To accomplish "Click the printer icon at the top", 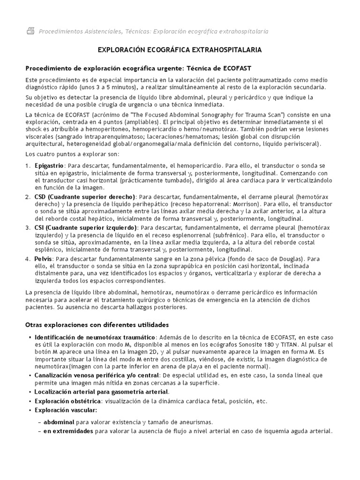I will point(30,31).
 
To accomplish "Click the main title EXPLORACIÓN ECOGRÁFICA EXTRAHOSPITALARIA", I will point(180,50).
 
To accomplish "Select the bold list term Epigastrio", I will point(49,166).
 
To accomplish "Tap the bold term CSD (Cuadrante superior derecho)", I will point(84,196).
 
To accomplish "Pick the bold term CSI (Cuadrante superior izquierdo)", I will point(86,227).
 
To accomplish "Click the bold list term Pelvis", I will point(43,258).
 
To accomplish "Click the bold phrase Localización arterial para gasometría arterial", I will point(101,391).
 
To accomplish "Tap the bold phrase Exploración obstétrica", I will point(67,401).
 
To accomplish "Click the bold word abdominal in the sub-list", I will point(59,422).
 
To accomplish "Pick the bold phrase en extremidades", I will point(68,431).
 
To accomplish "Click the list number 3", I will point(27,227).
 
